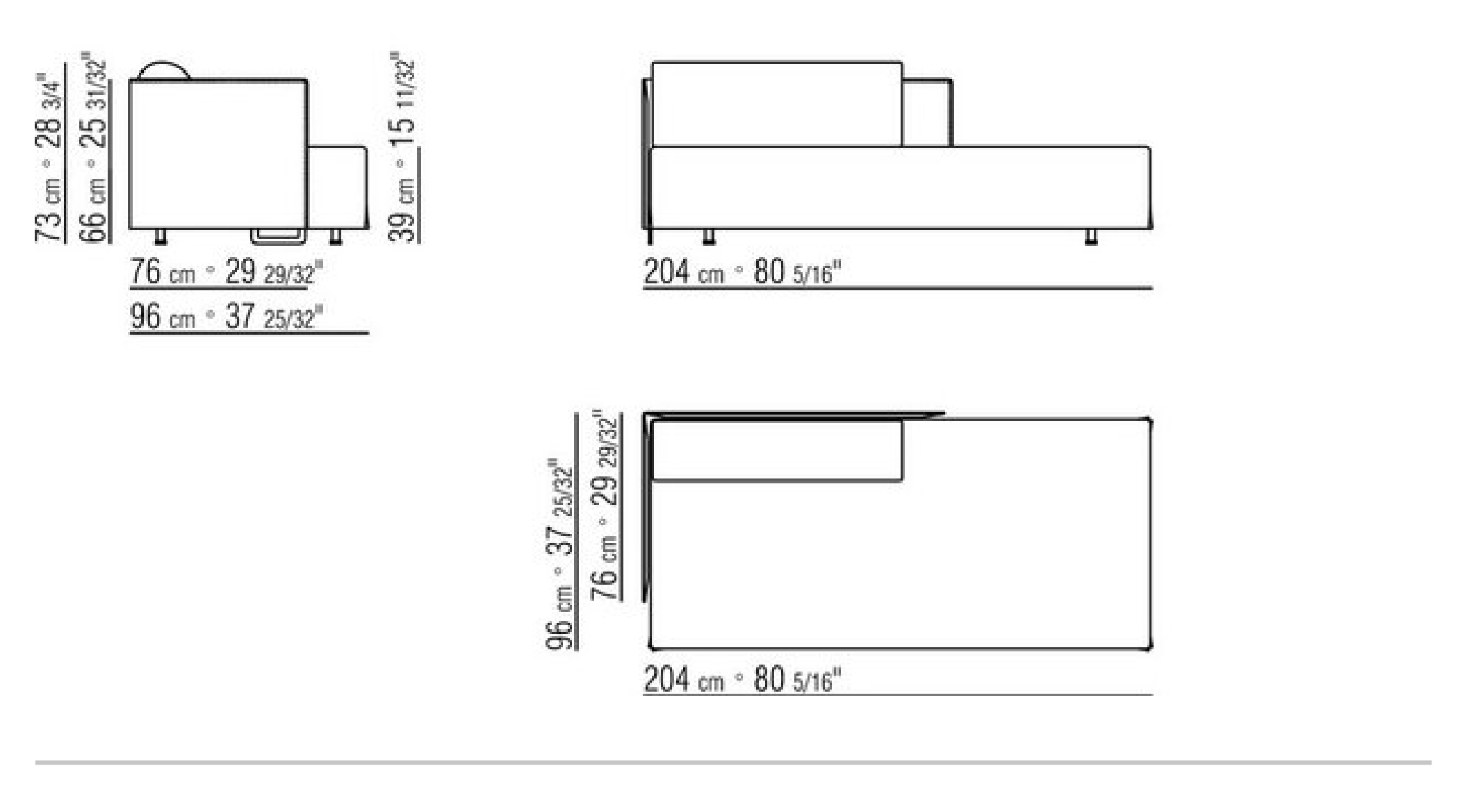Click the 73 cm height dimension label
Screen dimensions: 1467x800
pyautogui.click(x=48, y=157)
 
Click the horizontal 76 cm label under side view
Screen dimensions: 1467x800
pyautogui.click(x=227, y=272)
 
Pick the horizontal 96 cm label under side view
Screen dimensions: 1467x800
pyautogui.click(x=227, y=317)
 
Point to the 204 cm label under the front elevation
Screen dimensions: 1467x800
pyautogui.click(x=742, y=272)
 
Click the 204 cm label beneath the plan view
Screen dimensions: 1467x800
pyautogui.click(x=742, y=678)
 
